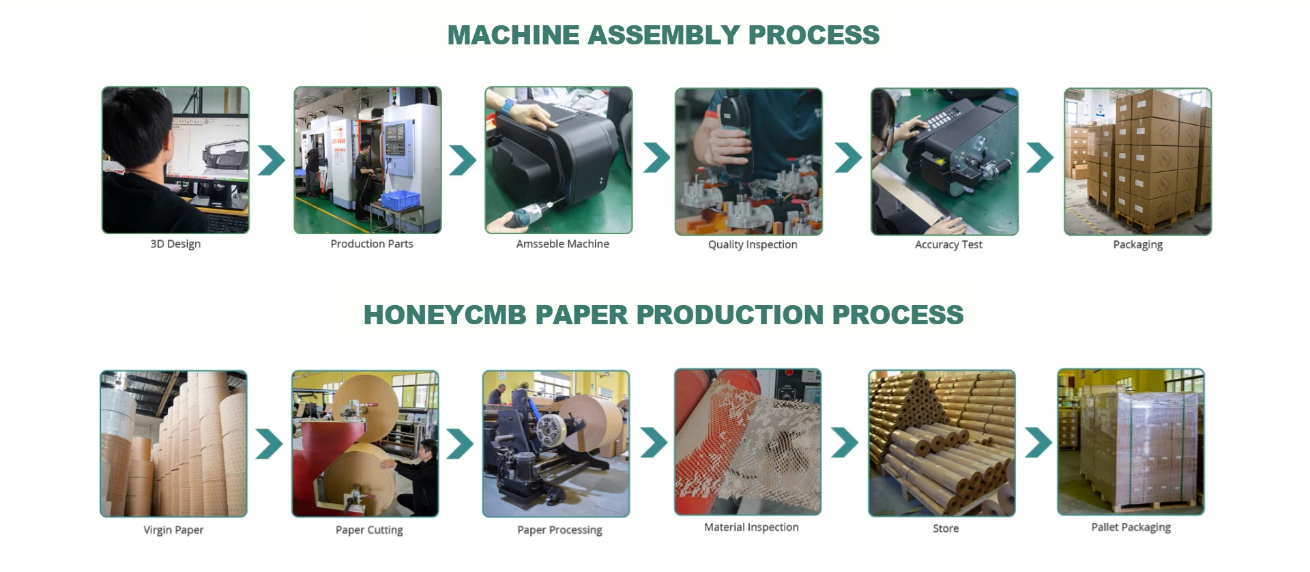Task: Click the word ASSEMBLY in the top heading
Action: click(x=663, y=35)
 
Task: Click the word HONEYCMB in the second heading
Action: click(x=445, y=315)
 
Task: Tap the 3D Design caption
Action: click(x=175, y=244)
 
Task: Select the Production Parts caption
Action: click(x=372, y=244)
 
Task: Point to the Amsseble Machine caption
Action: click(x=562, y=244)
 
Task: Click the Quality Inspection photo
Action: click(x=748, y=162)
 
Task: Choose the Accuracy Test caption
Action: click(x=948, y=245)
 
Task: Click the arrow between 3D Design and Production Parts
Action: click(x=272, y=160)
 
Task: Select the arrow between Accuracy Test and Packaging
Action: click(x=1040, y=158)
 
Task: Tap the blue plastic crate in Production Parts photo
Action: click(x=400, y=200)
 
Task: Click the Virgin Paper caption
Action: click(x=173, y=530)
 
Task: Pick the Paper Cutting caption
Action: click(x=369, y=530)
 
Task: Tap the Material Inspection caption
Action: click(x=751, y=528)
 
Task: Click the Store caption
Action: click(x=946, y=529)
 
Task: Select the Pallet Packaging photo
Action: click(x=1131, y=442)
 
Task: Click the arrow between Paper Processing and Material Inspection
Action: click(x=654, y=442)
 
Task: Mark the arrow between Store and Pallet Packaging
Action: click(x=1038, y=442)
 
